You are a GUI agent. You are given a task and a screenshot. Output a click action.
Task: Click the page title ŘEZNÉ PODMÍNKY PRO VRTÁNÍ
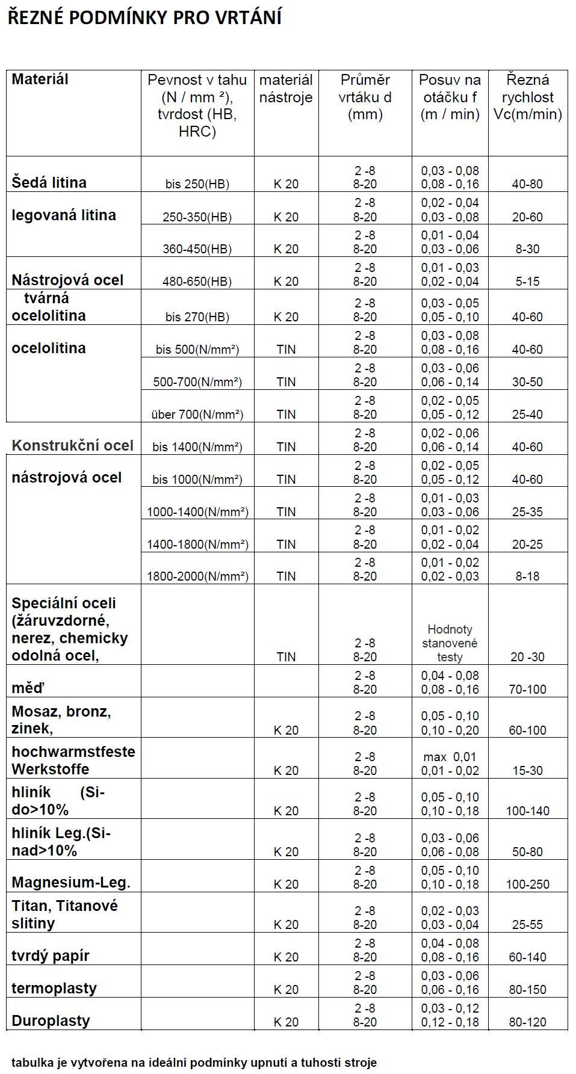[x=144, y=18]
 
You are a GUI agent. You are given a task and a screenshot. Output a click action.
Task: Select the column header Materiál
[x=40, y=79]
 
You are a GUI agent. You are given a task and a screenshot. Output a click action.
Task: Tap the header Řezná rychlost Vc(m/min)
[x=527, y=97]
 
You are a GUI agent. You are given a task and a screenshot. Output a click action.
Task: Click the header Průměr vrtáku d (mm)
[x=365, y=97]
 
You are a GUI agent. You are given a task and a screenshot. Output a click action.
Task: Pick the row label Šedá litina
[x=49, y=182]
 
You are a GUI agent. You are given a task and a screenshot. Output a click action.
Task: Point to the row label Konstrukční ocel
[x=72, y=445]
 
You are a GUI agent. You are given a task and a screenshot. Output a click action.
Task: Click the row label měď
[x=28, y=688]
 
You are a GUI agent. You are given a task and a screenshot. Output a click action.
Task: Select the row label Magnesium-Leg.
[x=71, y=883]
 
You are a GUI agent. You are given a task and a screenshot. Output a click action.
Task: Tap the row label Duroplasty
[x=51, y=1020]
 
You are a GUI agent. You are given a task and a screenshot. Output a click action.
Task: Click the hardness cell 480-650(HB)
[x=197, y=282]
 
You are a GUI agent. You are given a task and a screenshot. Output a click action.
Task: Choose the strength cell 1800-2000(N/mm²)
[x=197, y=576]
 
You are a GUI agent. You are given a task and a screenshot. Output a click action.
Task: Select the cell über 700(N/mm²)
[x=197, y=415]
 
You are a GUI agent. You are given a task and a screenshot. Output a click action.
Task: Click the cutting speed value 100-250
[x=527, y=884]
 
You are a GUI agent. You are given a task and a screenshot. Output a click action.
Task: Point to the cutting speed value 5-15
[x=527, y=282]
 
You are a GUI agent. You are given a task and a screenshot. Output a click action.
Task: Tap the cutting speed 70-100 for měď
[x=527, y=690]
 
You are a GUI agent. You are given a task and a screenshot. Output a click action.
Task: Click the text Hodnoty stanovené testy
[x=450, y=643]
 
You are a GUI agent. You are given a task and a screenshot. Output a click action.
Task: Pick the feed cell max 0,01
[x=450, y=757]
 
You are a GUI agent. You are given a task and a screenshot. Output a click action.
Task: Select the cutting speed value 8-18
[x=527, y=576]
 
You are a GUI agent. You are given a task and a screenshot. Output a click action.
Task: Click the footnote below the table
[x=194, y=1063]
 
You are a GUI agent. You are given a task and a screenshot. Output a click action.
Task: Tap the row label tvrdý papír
[x=51, y=955]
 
